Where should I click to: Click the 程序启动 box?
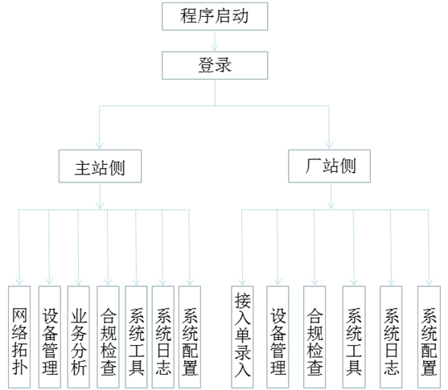(x=215, y=16)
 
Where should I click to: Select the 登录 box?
(x=215, y=65)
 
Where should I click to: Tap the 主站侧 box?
(x=100, y=166)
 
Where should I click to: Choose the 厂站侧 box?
(x=330, y=166)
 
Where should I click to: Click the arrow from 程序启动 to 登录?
(x=215, y=41)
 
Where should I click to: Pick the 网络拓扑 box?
(x=19, y=337)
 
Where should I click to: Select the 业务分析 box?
(x=79, y=337)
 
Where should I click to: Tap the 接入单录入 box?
(x=242, y=337)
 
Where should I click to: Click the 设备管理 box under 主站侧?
(x=50, y=337)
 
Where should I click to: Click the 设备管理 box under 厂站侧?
(x=277, y=337)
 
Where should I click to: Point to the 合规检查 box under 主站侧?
(x=108, y=337)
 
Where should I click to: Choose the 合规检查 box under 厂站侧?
(x=314, y=337)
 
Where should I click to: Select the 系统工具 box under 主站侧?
(x=136, y=337)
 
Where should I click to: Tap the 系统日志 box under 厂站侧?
(x=391, y=337)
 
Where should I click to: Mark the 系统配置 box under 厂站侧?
(x=429, y=337)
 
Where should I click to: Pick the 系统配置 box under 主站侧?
(x=190, y=337)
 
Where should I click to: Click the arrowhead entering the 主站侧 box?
(x=100, y=146)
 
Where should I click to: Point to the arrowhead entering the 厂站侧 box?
(x=330, y=146)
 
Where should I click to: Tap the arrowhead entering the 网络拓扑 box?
(x=19, y=282)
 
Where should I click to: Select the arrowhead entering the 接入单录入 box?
(x=243, y=282)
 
